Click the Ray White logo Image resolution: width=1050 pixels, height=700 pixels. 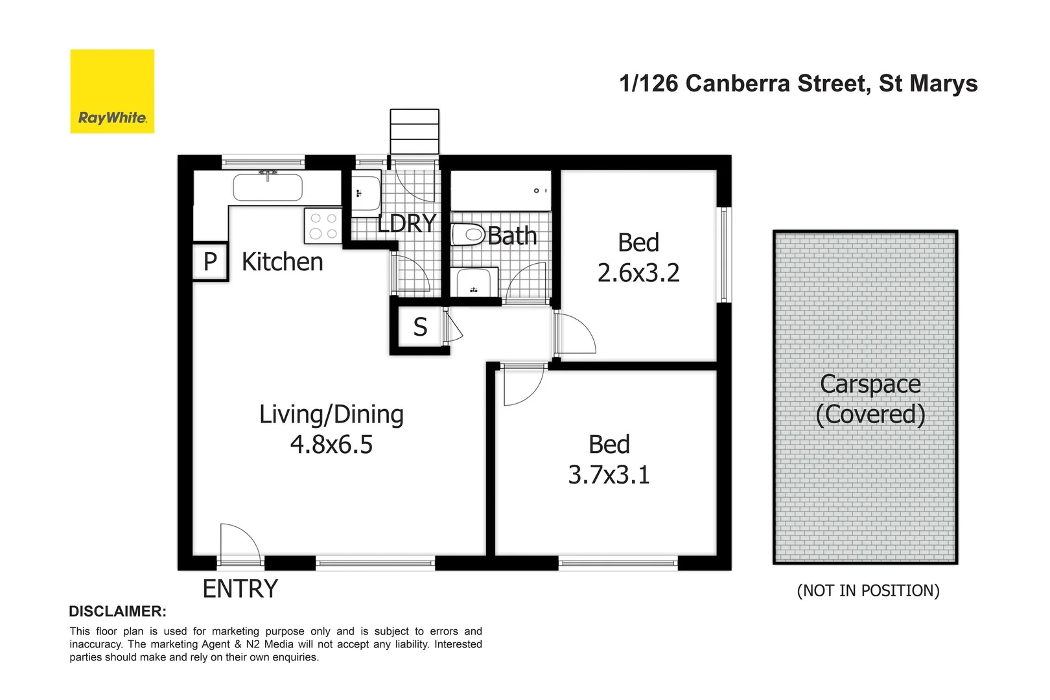tap(112, 91)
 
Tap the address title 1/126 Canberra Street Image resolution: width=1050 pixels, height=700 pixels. tap(798, 84)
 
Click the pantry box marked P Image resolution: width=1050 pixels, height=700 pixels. tap(210, 262)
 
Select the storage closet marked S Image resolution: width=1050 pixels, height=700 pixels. tap(420, 327)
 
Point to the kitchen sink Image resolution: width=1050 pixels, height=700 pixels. tap(268, 187)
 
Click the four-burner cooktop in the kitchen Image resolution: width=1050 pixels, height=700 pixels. tap(323, 226)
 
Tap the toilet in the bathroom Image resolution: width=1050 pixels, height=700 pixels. tap(468, 235)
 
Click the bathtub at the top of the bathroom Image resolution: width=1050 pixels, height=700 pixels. tap(500, 191)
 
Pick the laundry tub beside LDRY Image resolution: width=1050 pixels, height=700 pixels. tap(366, 192)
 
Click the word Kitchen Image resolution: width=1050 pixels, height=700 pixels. tap(282, 262)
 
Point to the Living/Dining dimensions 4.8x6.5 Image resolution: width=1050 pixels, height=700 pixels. tap(331, 445)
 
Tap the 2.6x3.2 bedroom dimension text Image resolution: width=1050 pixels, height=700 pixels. tap(638, 273)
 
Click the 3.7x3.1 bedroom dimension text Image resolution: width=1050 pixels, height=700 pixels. tap(609, 475)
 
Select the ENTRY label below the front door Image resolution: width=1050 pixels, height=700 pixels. tap(240, 589)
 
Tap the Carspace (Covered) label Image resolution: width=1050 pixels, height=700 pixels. tap(870, 399)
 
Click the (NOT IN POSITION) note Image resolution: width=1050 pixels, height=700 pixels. tap(868, 590)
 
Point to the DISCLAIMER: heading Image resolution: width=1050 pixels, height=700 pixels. tap(117, 611)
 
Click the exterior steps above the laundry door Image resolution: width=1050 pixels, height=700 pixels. tap(414, 132)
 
